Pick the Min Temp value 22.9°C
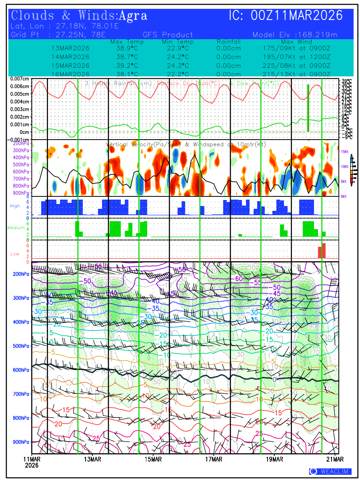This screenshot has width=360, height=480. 178,48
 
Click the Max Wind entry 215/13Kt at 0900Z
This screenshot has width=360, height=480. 296,74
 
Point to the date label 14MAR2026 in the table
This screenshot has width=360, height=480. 70,57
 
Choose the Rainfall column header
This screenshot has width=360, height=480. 229,42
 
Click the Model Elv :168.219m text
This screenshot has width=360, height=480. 295,35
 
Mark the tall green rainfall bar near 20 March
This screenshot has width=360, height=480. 308,108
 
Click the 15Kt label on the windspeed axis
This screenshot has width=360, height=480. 345,152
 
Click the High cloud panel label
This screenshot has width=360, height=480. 15,206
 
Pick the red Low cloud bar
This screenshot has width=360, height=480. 322,251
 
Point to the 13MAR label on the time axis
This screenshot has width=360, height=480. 92,459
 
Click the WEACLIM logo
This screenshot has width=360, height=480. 330,472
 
